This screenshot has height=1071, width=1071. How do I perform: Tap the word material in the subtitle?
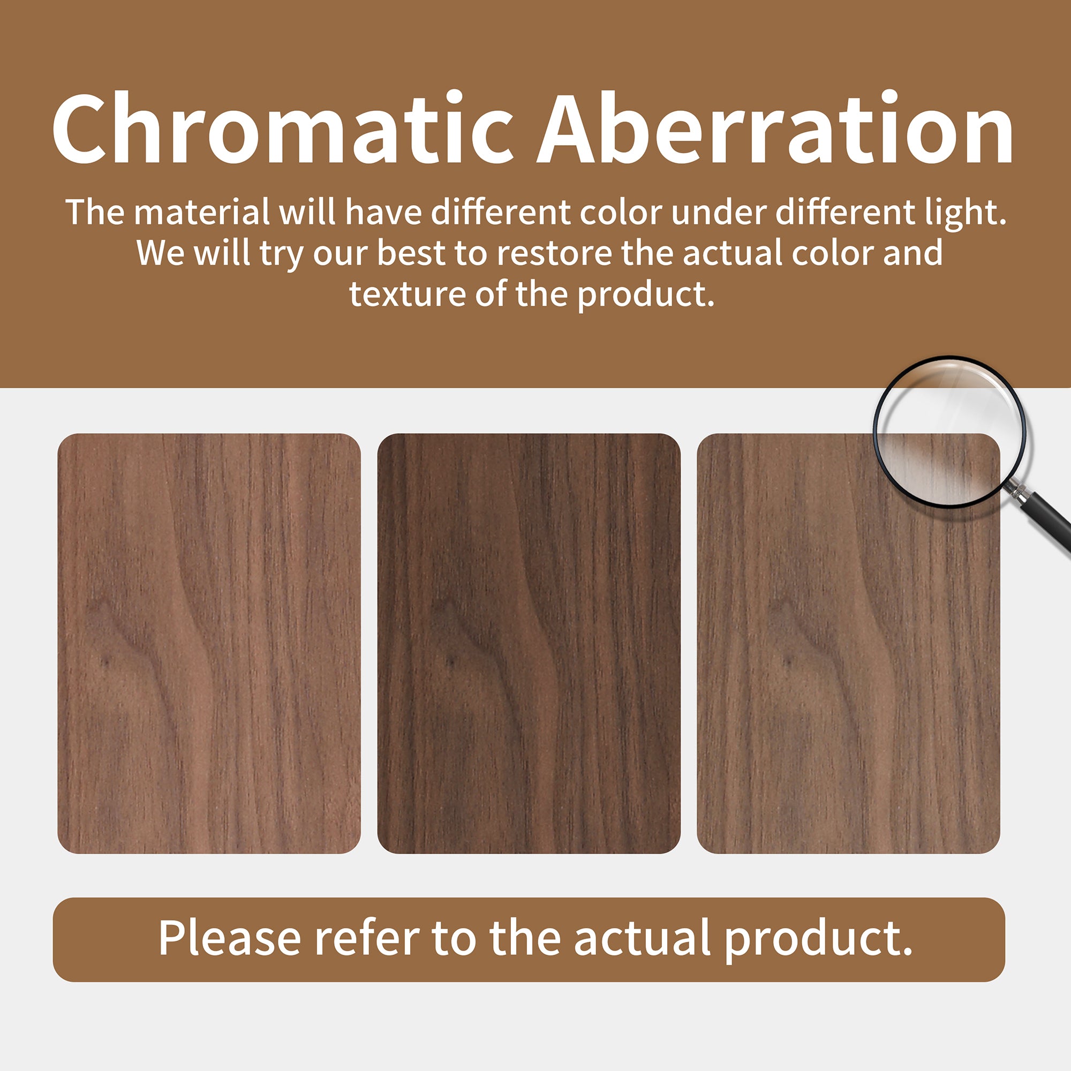pyautogui.click(x=202, y=212)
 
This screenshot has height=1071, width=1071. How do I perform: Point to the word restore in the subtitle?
pyautogui.click(x=554, y=253)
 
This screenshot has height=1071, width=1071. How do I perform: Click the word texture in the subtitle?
pyautogui.click(x=407, y=295)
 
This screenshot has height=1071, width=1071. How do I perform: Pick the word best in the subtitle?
pyautogui.click(x=411, y=253)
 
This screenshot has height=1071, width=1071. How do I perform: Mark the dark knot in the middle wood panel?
pyautogui.click(x=451, y=661)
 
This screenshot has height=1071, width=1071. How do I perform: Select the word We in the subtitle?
pyautogui.click(x=160, y=253)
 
